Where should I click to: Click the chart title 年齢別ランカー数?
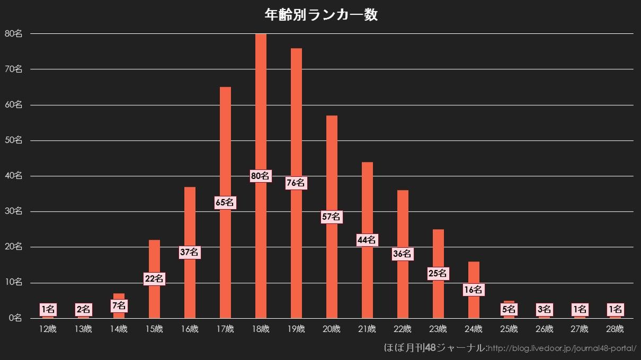click(x=320, y=15)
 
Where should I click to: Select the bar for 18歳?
click(x=261, y=106)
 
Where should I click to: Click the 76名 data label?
click(x=296, y=183)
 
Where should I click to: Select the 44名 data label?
click(x=367, y=240)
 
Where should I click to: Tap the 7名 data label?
click(x=119, y=305)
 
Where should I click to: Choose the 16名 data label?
click(x=474, y=290)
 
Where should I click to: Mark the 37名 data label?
click(x=190, y=253)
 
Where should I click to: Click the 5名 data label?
click(x=509, y=309)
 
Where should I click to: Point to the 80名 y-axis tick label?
click(x=13, y=33)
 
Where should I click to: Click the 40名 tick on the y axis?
click(x=13, y=176)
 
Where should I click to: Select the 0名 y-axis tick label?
click(x=15, y=318)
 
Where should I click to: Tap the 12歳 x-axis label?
click(x=48, y=329)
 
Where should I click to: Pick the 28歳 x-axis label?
click(x=615, y=329)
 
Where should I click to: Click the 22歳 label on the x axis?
click(x=403, y=329)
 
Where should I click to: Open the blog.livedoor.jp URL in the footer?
click(x=562, y=348)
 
